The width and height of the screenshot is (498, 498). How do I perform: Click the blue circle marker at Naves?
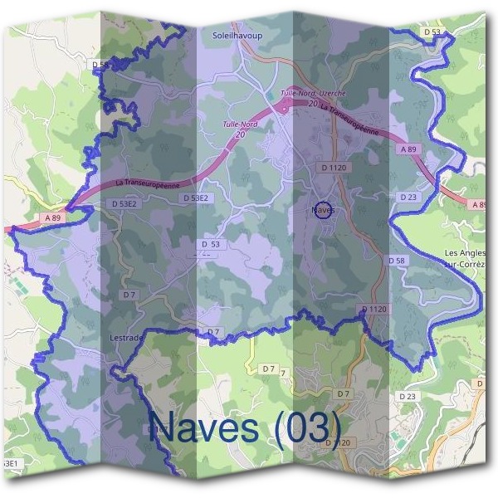(324, 210)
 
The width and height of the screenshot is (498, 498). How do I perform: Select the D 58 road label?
(397, 261)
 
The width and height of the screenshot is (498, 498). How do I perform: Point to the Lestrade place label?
(127, 338)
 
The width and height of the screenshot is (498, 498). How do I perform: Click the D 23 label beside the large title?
(408, 397)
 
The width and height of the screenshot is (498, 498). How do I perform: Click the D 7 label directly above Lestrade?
(129, 295)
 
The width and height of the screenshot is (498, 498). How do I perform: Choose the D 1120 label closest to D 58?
(374, 309)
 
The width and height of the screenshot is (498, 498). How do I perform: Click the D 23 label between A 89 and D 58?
(408, 198)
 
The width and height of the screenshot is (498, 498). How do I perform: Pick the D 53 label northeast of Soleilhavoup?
(431, 32)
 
